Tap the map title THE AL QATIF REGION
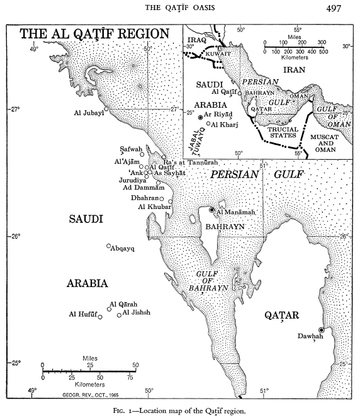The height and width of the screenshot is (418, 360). [94, 34]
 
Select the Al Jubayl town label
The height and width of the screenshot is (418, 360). [87, 114]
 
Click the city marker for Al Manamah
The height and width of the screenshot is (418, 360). [212, 210]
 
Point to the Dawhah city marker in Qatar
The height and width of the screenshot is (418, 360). [321, 330]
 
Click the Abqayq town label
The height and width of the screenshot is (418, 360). [123, 248]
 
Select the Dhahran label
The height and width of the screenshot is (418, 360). [142, 198]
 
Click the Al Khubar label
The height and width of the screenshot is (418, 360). [150, 207]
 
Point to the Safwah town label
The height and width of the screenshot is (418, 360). [131, 149]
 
